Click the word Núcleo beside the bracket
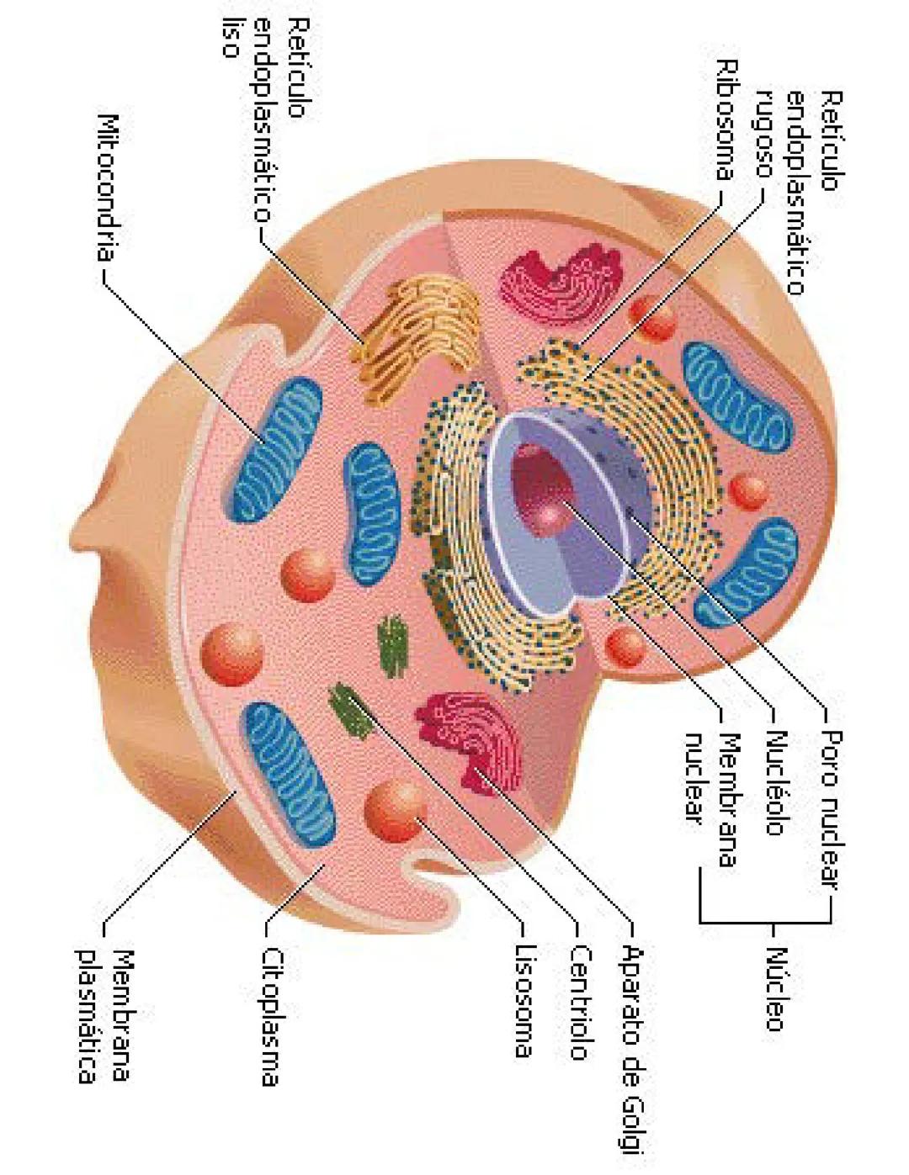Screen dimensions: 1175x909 [x=775, y=988]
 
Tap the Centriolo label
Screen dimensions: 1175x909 [x=581, y=1002]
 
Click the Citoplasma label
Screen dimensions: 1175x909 [x=270, y=1017]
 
